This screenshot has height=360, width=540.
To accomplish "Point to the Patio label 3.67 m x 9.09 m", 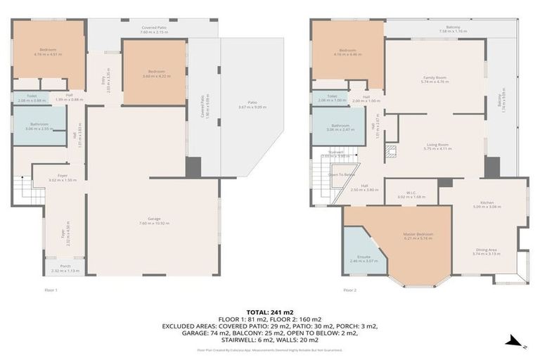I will [251, 105].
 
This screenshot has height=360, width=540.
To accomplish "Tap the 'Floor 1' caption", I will [51, 290].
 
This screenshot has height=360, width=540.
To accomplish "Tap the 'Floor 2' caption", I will [349, 290].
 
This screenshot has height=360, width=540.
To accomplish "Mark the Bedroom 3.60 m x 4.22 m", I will [154, 72].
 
